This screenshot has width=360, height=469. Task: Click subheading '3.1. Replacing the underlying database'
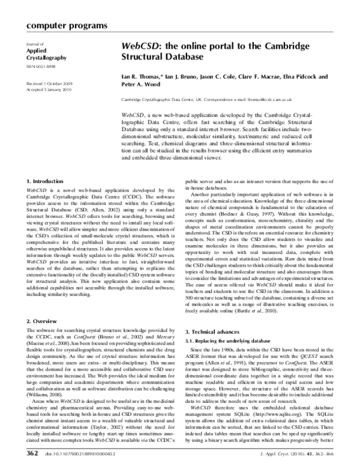tap(231, 342)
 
